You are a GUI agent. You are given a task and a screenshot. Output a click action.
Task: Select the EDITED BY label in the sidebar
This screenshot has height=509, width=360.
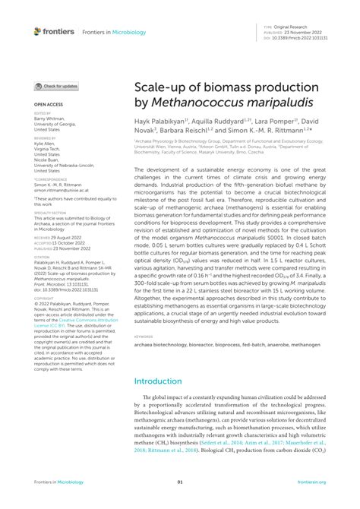(x=43, y=112)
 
